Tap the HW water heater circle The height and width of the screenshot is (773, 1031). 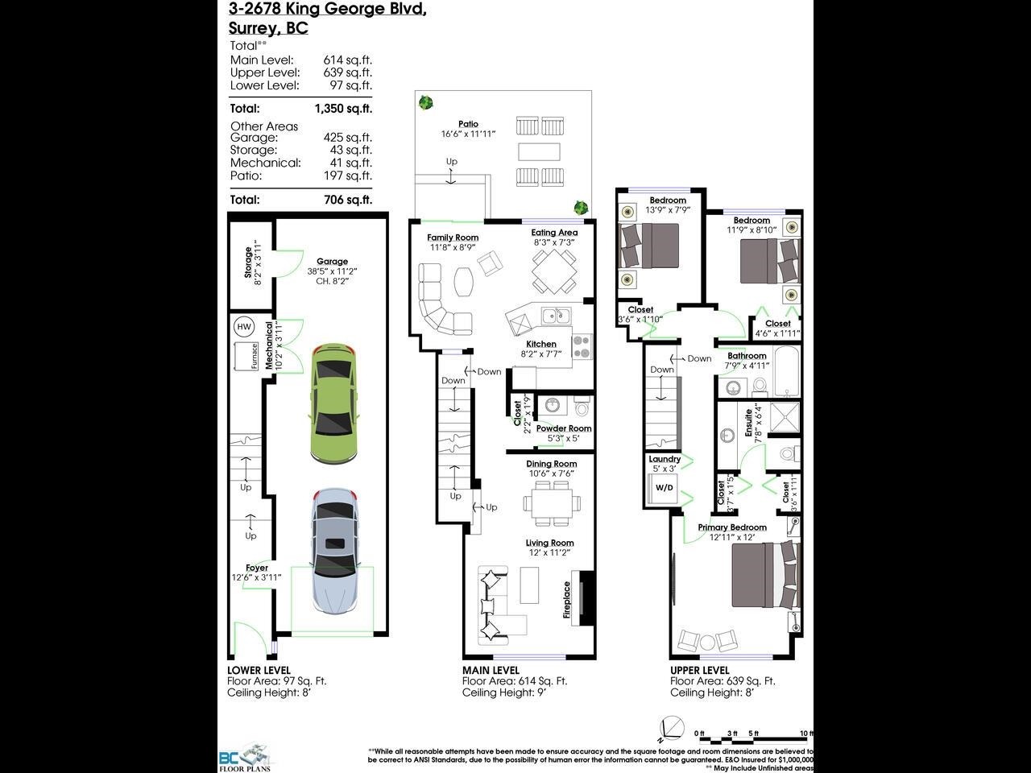point(243,327)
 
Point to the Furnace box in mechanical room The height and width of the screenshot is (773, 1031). point(246,355)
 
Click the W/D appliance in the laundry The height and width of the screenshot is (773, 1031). point(665,488)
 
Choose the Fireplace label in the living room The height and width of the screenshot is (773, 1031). point(567,600)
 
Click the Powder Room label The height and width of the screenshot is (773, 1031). point(564,428)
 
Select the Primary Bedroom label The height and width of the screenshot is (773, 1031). point(732,527)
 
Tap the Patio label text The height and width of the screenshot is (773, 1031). point(468,124)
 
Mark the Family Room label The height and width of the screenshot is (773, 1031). point(453,238)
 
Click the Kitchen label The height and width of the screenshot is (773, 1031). point(541,344)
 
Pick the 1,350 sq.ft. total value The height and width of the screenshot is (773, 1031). point(343,109)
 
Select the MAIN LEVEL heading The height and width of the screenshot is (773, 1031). point(491,670)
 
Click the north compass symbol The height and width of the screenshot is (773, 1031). point(672,726)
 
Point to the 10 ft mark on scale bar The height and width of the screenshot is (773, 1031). point(806,734)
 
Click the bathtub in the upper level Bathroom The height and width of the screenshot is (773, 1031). point(786,371)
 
